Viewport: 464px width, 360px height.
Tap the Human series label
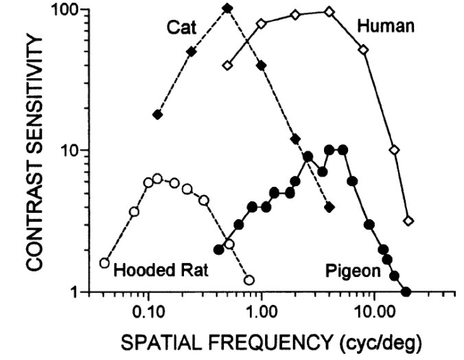pyautogui.click(x=386, y=27)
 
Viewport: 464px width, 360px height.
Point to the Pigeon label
pyautogui.click(x=353, y=271)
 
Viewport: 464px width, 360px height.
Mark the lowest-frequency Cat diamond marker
pyautogui.click(x=157, y=115)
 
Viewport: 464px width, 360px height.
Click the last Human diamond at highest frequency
pyautogui.click(x=408, y=221)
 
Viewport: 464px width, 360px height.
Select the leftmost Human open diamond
pyautogui.click(x=228, y=65)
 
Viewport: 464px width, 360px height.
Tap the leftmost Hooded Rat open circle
pyautogui.click(x=104, y=262)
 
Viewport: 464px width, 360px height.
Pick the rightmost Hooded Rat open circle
pyautogui.click(x=248, y=280)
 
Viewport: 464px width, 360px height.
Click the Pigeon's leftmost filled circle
pyautogui.click(x=220, y=249)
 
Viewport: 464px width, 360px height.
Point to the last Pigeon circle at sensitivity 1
pyautogui.click(x=406, y=291)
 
